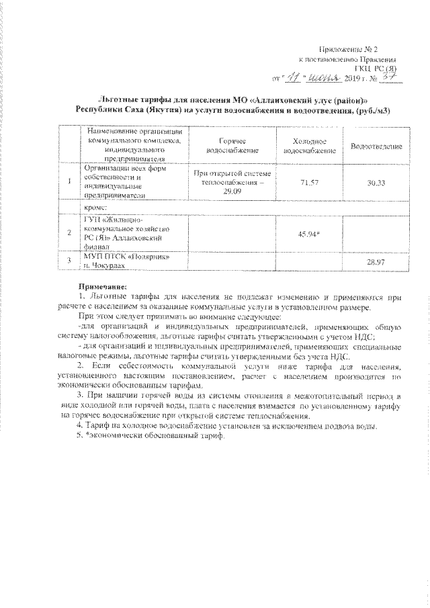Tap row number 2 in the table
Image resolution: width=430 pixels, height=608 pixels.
tap(70, 232)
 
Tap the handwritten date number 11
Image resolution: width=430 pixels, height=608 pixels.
tap(290, 79)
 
